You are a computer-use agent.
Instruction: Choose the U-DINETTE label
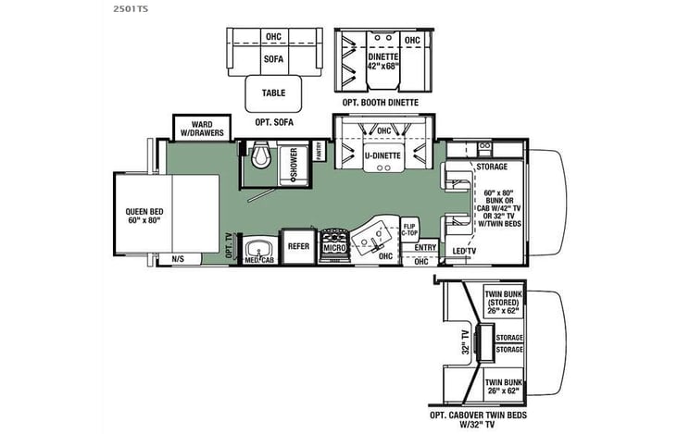coord(382,155)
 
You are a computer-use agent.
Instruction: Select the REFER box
coord(298,246)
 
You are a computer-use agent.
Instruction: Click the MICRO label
coord(333,248)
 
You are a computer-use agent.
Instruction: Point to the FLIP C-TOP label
coord(409,229)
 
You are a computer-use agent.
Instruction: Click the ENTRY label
coord(426,247)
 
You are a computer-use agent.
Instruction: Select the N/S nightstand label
coord(179,260)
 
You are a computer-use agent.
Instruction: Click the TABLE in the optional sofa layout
coord(272,93)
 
